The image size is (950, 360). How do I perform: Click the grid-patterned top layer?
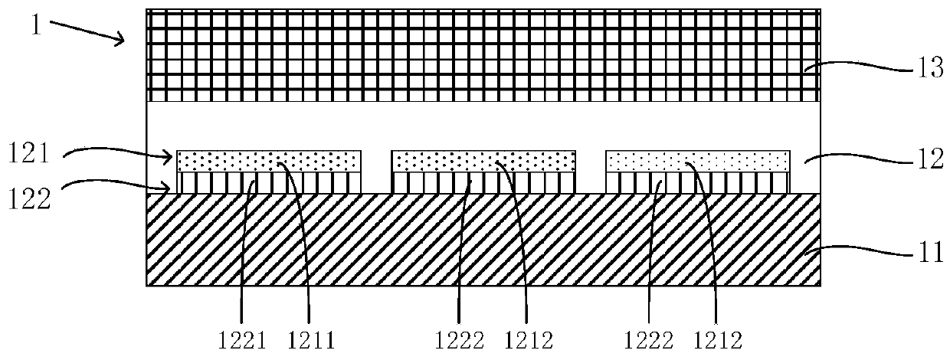[483, 55]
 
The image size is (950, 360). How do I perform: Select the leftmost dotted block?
[269, 161]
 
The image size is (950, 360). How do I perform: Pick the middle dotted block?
[483, 161]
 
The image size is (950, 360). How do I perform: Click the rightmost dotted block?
[697, 161]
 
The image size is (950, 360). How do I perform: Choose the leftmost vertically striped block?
[269, 182]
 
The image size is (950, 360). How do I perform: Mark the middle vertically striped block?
[483, 182]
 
